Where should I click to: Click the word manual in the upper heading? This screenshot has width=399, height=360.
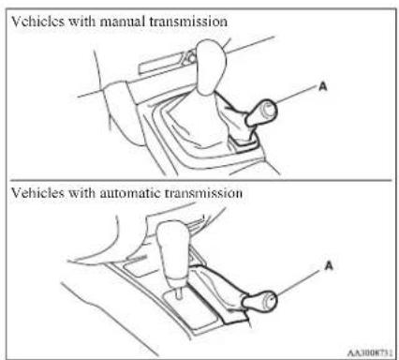coord(123,22)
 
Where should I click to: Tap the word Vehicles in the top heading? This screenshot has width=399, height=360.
coord(37,22)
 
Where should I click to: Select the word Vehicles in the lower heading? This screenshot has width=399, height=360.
coord(37,192)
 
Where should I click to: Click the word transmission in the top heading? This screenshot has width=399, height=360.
coord(188,22)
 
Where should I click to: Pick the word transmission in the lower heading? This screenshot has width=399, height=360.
coord(203,192)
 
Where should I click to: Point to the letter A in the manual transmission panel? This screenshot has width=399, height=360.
coord(323,86)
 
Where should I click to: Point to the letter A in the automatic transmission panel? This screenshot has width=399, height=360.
coord(329,265)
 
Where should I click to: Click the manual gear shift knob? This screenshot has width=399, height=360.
coord(211,67)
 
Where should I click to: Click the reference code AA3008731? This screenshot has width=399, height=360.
coord(370,352)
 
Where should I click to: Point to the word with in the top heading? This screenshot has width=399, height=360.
coord(82,22)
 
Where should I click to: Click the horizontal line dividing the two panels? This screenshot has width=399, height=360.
coord(200,180)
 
